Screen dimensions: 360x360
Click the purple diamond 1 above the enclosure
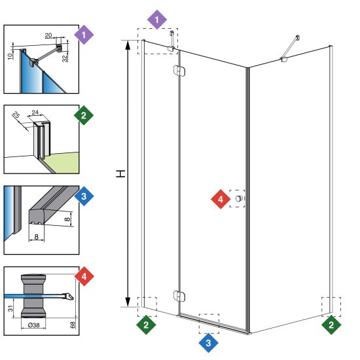tap(157, 20)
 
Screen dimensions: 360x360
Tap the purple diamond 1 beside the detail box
tap(84, 35)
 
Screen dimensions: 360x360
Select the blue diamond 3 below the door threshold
tap(208, 343)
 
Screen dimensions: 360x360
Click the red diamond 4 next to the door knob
tap(221, 199)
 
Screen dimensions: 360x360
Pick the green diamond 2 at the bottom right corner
tap(331, 325)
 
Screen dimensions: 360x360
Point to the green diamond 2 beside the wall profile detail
tap(84, 115)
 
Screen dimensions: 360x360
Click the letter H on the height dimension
tap(120, 173)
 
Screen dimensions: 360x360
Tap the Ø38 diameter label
tap(34, 325)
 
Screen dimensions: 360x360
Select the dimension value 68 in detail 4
tap(73, 325)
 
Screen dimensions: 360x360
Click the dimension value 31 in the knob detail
tap(10, 308)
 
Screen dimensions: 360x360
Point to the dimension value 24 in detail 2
tap(35, 113)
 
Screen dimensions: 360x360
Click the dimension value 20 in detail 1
tap(48, 35)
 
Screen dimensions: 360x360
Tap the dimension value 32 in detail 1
tap(65, 58)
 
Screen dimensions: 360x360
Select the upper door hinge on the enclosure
tap(179, 71)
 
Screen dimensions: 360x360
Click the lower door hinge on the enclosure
tap(179, 296)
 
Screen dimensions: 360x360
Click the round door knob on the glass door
tap(239, 198)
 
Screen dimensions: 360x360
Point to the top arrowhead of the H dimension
tap(128, 45)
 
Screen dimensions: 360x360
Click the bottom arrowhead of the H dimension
tap(128, 302)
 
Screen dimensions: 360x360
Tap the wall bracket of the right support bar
tap(298, 37)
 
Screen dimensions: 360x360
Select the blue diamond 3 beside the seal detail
tap(84, 196)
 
